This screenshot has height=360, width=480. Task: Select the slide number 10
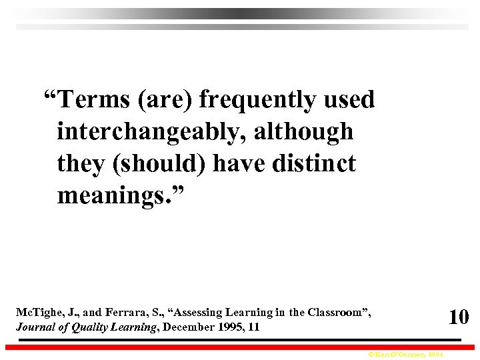pyautogui.click(x=458, y=317)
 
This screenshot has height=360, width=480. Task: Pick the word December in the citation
pyautogui.click(x=187, y=327)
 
